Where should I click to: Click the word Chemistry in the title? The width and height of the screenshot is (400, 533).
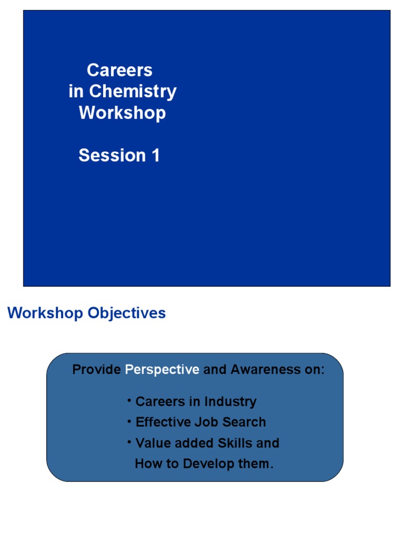pyautogui.click(x=133, y=92)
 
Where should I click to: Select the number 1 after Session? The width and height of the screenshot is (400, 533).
pyautogui.click(x=155, y=155)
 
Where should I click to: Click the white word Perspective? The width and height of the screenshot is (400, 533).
pyautogui.click(x=162, y=370)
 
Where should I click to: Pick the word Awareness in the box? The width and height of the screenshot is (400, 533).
pyautogui.click(x=262, y=370)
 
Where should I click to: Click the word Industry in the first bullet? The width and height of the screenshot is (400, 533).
pyautogui.click(x=230, y=402)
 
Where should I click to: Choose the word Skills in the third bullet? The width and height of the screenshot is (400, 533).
pyautogui.click(x=235, y=443)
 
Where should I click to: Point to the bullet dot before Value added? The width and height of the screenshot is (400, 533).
pyautogui.click(x=129, y=441)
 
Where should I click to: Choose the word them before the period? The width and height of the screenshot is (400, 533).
pyautogui.click(x=254, y=464)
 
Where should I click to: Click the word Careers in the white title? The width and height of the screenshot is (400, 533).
pyautogui.click(x=119, y=70)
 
